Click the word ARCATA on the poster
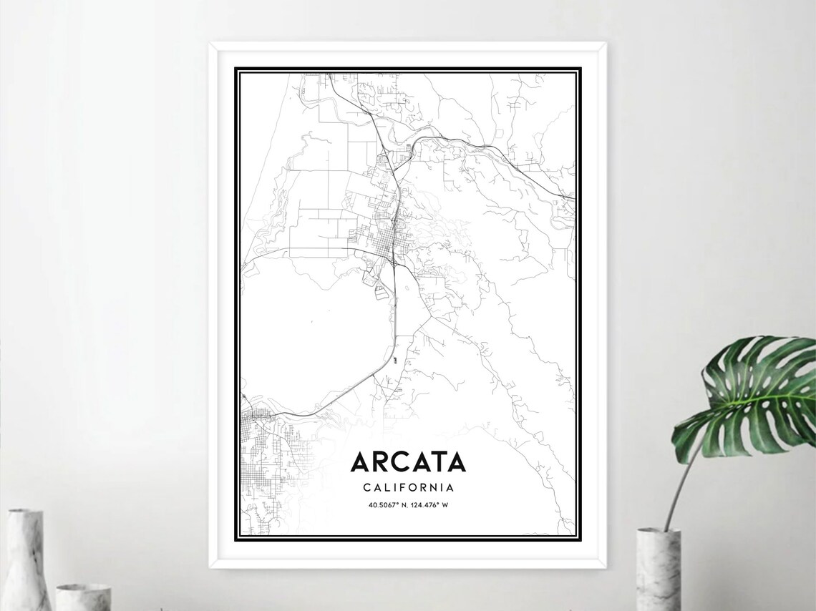coord(408,462)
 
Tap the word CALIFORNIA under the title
coord(408,488)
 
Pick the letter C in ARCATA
coord(401,462)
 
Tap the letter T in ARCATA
coord(437,462)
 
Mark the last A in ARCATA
coord(457,462)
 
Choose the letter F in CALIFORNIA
coord(404,488)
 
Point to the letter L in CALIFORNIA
coord(389,488)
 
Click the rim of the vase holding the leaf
coord(658,532)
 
